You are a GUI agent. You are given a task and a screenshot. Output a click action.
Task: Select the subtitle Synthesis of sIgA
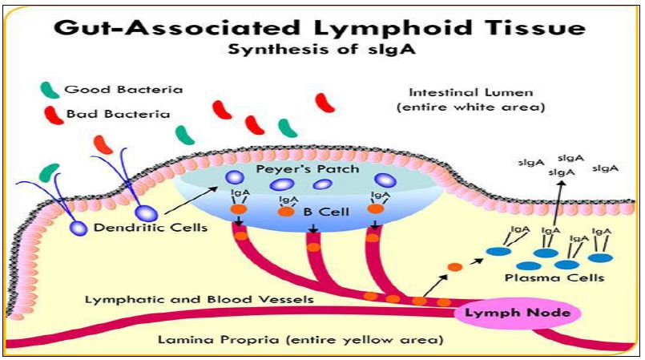coord(320,49)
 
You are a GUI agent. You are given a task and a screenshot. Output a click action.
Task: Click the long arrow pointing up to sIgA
coord(556,204)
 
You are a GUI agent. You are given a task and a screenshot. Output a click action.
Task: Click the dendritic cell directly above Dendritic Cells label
coord(147,213)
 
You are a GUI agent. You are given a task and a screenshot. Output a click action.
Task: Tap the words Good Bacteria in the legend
coord(124,89)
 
